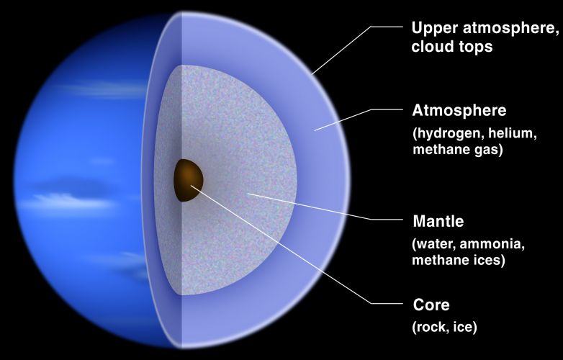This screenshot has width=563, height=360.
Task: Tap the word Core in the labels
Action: pyautogui.click(x=431, y=305)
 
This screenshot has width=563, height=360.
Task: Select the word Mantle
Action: pyautogui.click(x=438, y=221)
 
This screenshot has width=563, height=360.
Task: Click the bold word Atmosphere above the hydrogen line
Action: pyautogui.click(x=459, y=110)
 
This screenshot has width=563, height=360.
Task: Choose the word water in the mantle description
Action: pyautogui.click(x=435, y=244)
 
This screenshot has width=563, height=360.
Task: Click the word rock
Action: pyautogui.click(x=429, y=327)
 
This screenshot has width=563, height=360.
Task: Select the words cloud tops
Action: pyautogui.click(x=452, y=47)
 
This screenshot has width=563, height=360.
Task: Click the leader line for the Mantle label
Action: pyautogui.click(x=325, y=207)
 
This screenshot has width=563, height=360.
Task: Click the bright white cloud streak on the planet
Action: pyautogui.click(x=66, y=201)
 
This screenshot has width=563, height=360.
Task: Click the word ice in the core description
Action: pyautogui.click(x=460, y=327)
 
